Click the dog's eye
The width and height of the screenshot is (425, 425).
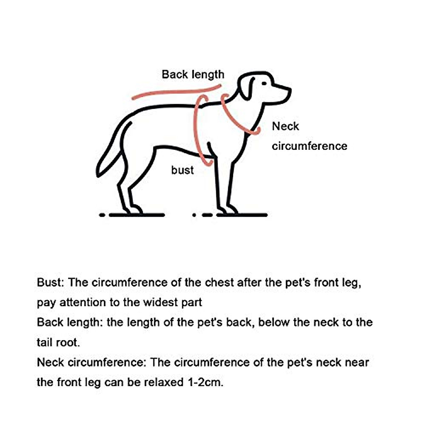click(264, 84)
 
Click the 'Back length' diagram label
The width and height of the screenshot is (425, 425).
click(193, 74)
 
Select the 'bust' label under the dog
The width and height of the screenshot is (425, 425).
click(182, 170)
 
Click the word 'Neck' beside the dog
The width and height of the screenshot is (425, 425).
click(285, 126)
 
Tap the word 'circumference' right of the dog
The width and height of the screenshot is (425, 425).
click(310, 146)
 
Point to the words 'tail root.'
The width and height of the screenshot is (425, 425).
click(58, 342)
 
